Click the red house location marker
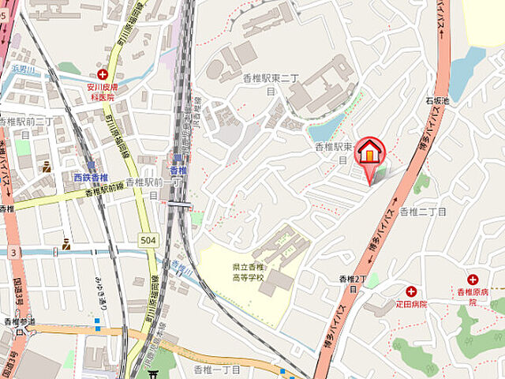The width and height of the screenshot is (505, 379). pos(370,152)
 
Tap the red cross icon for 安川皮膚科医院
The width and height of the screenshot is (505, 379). pos(103,73)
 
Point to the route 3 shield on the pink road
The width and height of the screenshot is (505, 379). pos(13,252)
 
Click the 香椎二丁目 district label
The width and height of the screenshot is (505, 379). pos(422,212)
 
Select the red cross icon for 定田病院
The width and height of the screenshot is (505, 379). pos(411,291)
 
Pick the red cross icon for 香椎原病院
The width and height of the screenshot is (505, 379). pos(473,280)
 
